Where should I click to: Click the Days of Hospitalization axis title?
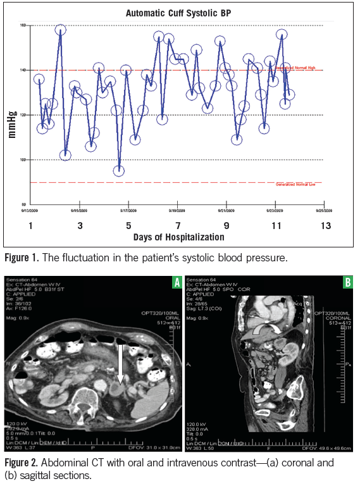(x=179, y=237)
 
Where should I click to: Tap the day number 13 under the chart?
(x=326, y=225)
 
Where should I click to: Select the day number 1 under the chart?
(x=30, y=225)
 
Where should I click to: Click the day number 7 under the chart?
(x=178, y=225)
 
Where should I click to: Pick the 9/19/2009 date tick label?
(x=177, y=209)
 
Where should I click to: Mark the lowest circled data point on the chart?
(x=118, y=171)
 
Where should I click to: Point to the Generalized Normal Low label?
(x=299, y=184)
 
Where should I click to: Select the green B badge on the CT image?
(x=347, y=283)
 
